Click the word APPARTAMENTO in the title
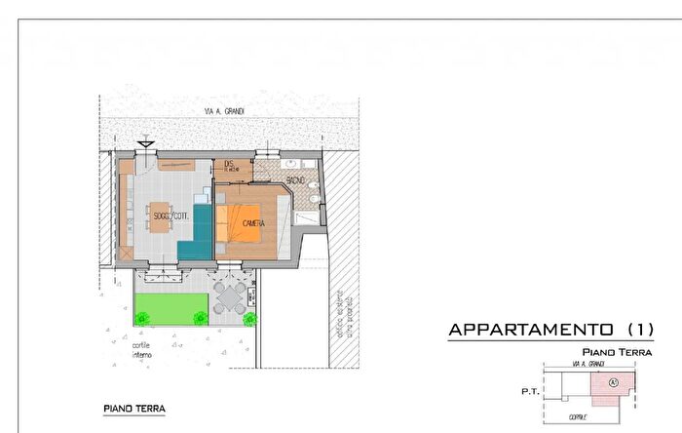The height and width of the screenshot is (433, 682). (x=530, y=331)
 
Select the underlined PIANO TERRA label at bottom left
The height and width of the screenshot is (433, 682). (x=134, y=409)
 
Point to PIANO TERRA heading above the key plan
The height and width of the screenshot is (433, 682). (x=617, y=352)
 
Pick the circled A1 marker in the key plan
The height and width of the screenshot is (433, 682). (x=613, y=381)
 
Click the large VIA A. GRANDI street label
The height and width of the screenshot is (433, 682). (x=224, y=112)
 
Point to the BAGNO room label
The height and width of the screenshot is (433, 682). (x=297, y=181)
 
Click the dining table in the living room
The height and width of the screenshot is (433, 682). (x=162, y=219)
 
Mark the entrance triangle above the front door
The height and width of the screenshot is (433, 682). (x=145, y=144)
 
